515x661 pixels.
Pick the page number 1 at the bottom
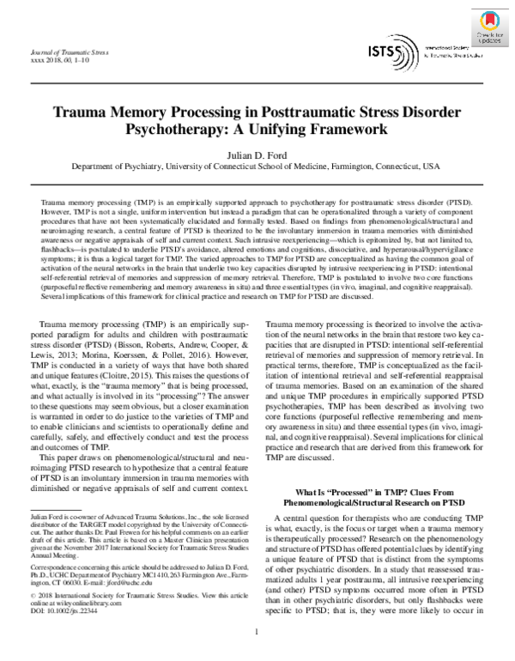[257, 633]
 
